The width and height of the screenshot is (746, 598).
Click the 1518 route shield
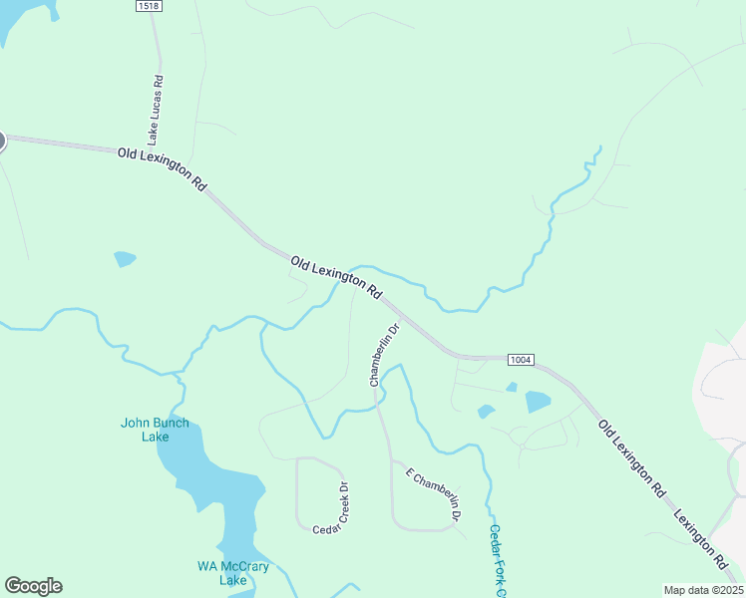click(149, 6)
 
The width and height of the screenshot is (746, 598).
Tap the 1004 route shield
click(520, 359)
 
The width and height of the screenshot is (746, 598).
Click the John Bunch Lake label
click(155, 430)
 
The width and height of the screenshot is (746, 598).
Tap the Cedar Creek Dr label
click(330, 508)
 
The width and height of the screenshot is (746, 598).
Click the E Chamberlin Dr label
click(433, 494)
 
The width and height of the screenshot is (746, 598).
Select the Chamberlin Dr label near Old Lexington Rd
click(384, 354)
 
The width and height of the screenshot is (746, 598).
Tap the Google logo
click(33, 586)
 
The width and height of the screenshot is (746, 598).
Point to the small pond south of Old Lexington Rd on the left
click(125, 259)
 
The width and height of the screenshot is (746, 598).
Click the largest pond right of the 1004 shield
click(537, 402)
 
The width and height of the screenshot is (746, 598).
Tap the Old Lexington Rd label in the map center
click(337, 278)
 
